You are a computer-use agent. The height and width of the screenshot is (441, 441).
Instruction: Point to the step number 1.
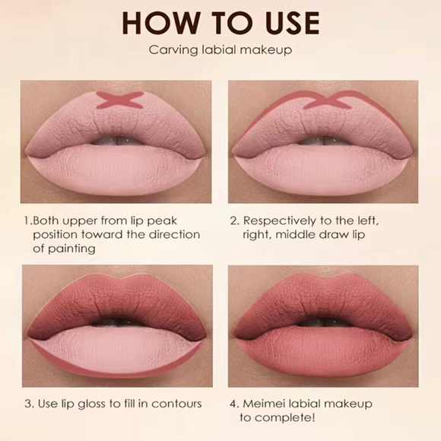click(x=26, y=221)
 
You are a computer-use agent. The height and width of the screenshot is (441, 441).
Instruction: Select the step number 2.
click(x=233, y=221)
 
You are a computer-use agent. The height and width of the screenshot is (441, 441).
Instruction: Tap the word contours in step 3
click(x=178, y=402)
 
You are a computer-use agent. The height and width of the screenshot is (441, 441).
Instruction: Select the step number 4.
click(x=233, y=402)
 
